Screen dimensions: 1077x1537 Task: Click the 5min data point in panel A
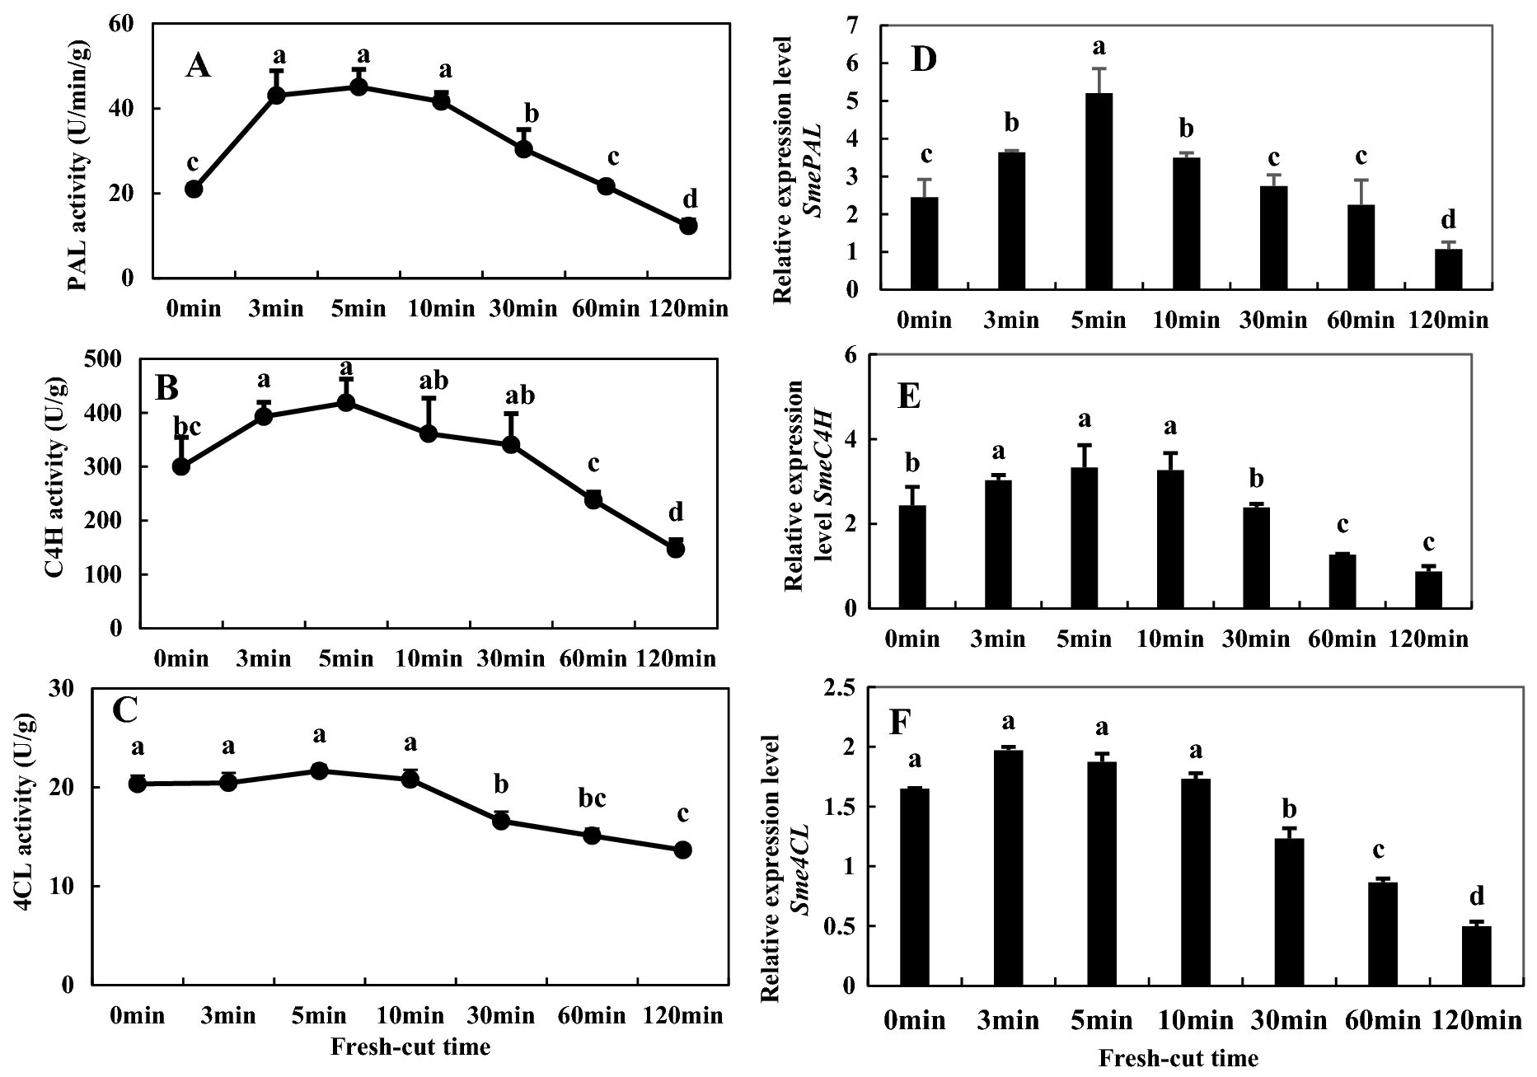(358, 87)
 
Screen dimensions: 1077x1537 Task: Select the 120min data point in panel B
(676, 549)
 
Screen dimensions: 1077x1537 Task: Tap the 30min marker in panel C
(501, 820)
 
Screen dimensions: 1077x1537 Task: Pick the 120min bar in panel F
(1476, 956)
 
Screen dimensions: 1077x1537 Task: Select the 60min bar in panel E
(1343, 582)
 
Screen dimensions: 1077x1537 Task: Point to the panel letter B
(166, 387)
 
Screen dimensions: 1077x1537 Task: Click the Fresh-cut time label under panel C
(410, 1047)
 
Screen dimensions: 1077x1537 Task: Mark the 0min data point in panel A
(194, 189)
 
